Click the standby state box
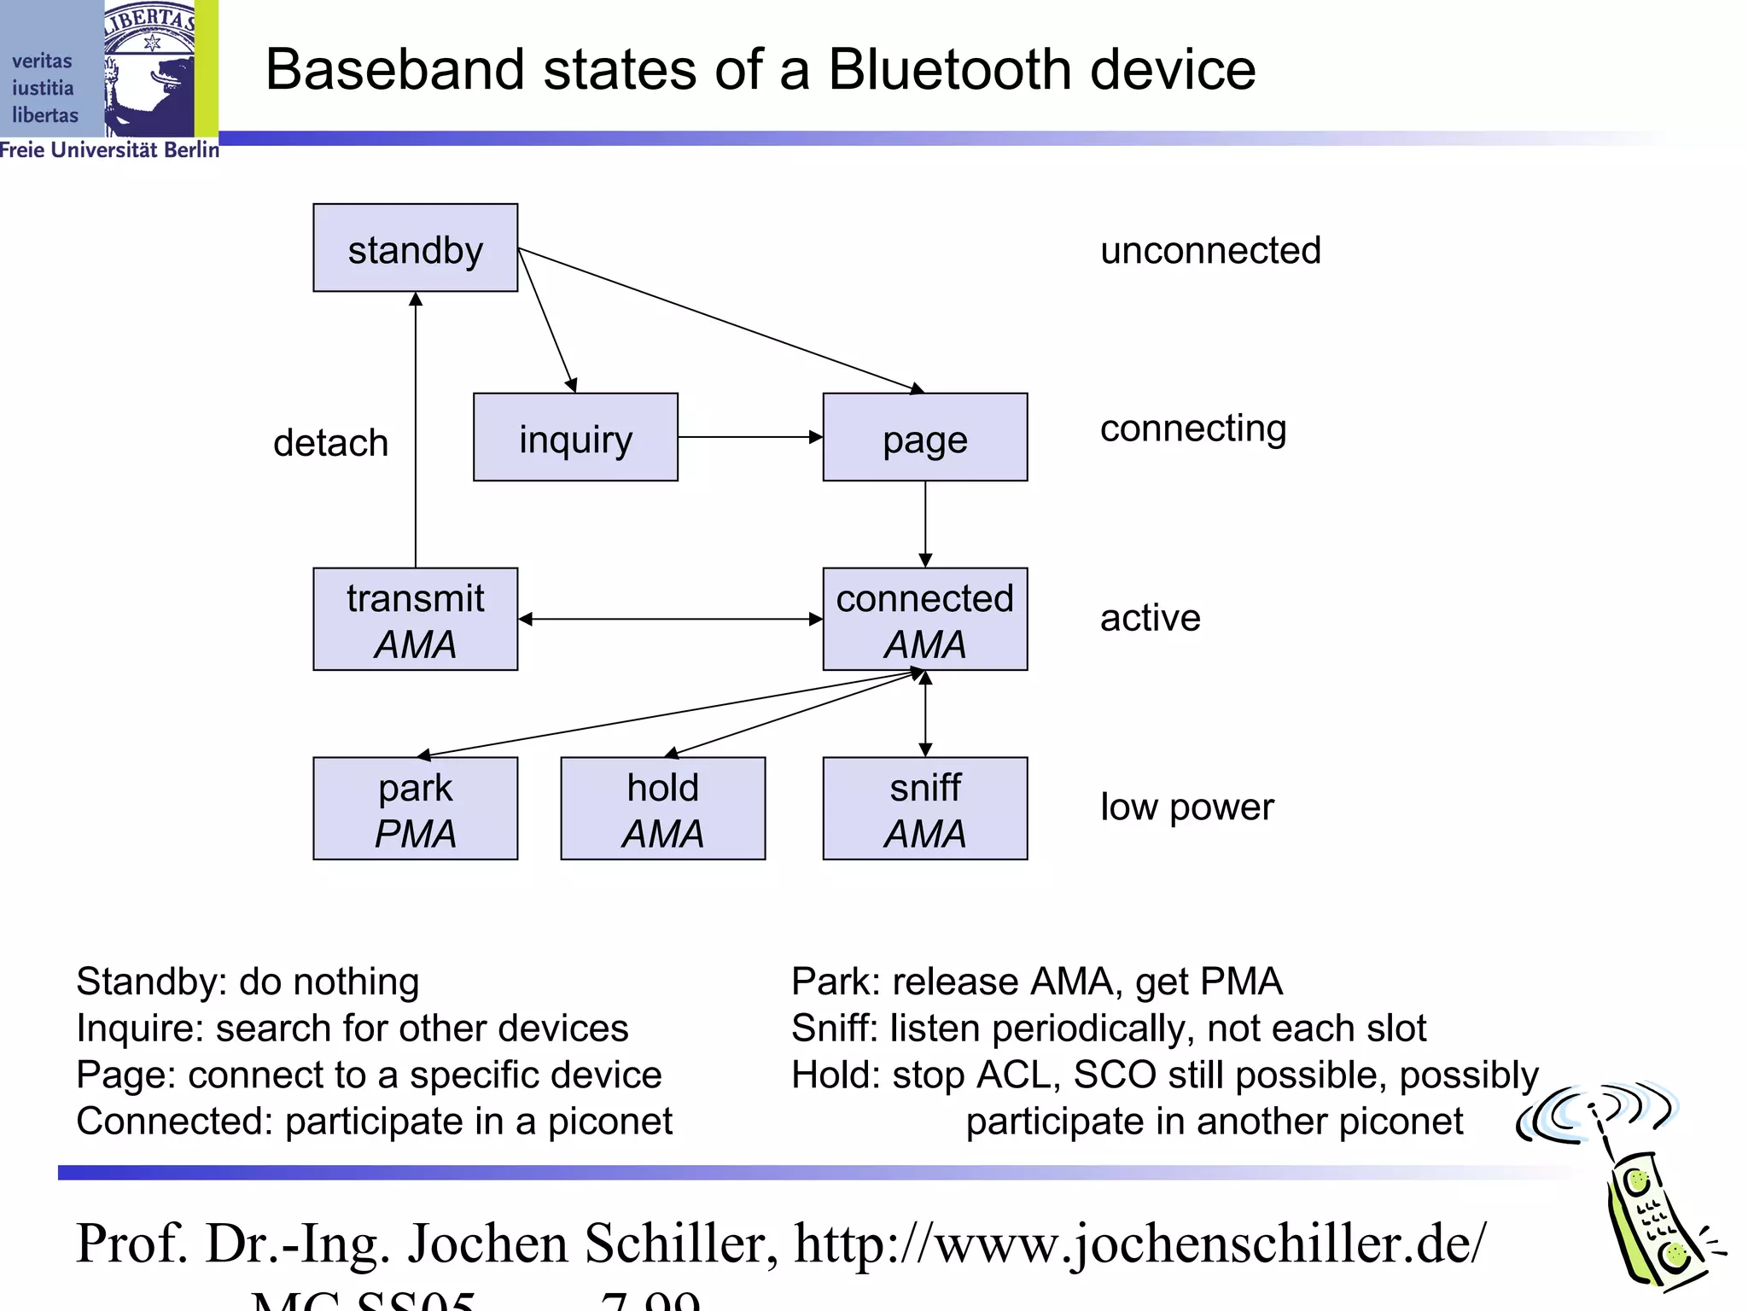[x=415, y=248]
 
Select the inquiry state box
[x=575, y=437]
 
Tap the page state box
[x=924, y=437]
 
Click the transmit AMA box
[x=415, y=620]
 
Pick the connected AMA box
[x=924, y=620]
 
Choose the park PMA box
[x=415, y=808]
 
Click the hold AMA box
[x=662, y=808]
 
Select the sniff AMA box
[x=924, y=808]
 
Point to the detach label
[x=330, y=443]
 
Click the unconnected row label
[x=1210, y=251]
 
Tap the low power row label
[x=1186, y=807]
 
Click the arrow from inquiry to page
[x=749, y=437]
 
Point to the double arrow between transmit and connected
[x=670, y=620]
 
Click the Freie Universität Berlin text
[x=109, y=150]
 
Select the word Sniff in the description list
[x=833, y=1028]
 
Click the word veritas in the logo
[x=42, y=61]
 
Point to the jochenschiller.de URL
[x=1139, y=1244]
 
